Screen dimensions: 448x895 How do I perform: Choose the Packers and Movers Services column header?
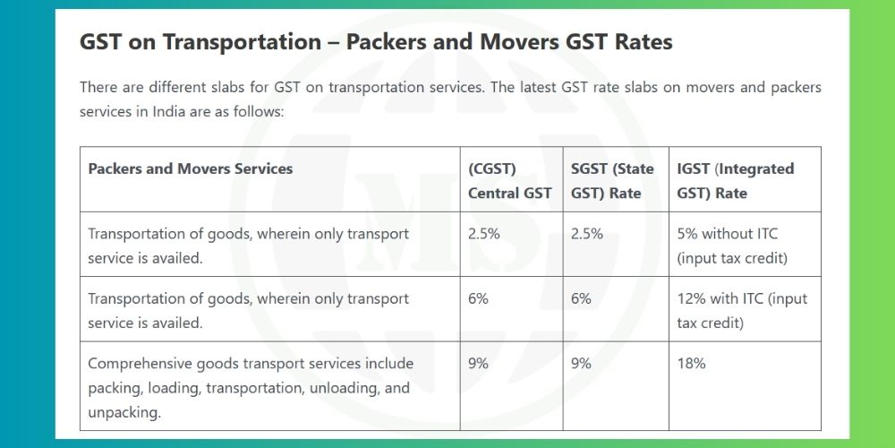(x=190, y=168)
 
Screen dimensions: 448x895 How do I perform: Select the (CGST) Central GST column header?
(x=509, y=180)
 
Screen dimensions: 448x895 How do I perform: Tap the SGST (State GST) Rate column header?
(x=612, y=180)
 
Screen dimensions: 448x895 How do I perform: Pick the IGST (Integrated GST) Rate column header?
(x=735, y=180)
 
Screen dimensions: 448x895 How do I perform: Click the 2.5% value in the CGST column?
(x=484, y=234)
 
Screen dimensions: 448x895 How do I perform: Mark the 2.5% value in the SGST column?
(x=587, y=234)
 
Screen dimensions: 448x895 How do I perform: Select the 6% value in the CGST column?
(x=478, y=298)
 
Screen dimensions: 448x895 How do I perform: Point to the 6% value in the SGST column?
(x=581, y=298)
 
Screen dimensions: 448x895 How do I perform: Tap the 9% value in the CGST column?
(x=478, y=364)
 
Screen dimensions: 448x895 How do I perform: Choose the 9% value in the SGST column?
(x=581, y=364)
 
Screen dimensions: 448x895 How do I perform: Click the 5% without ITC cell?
(x=728, y=246)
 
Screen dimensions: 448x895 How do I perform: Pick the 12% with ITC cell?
(x=741, y=310)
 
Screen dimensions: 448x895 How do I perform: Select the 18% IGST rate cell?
(x=691, y=364)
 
